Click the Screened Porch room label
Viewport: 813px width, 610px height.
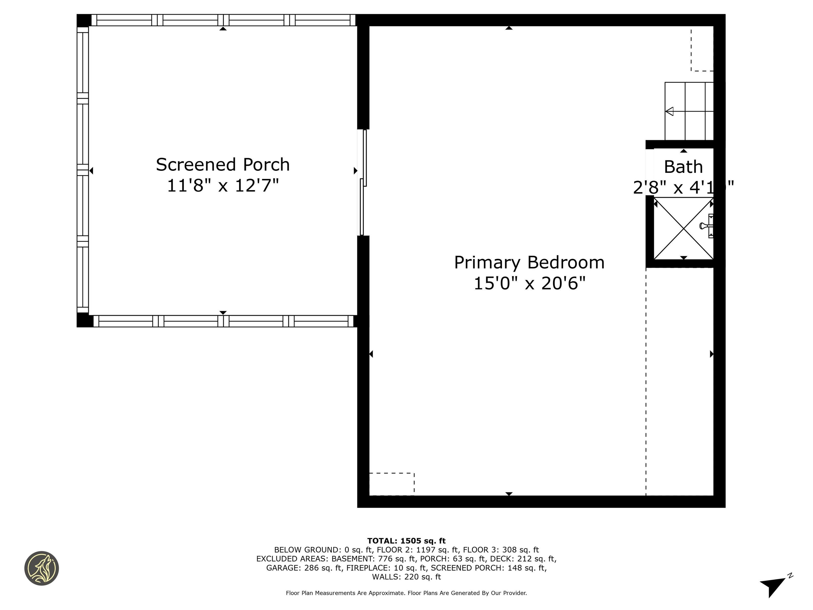[223, 165]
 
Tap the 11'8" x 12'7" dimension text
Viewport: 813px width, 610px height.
[223, 185]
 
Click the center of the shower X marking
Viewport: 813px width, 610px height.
[683, 228]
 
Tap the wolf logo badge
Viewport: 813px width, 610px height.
[42, 568]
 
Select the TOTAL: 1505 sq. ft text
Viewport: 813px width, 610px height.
[406, 541]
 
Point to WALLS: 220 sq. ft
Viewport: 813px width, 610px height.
[406, 577]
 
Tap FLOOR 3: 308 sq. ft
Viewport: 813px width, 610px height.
[501, 550]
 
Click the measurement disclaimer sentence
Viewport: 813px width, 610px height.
[406, 593]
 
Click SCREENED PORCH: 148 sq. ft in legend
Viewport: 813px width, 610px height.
[489, 568]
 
